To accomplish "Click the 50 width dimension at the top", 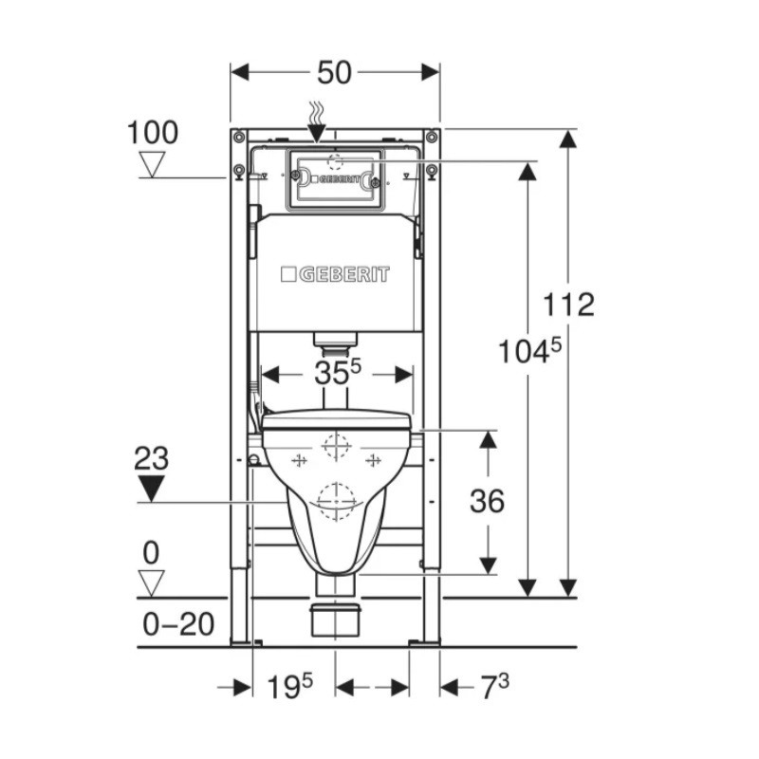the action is tap(334, 73).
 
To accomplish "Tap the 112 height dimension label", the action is tap(568, 304).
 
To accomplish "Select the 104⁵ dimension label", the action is tap(529, 350).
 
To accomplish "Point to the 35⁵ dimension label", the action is tap(338, 373).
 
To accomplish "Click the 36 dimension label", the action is tap(487, 501).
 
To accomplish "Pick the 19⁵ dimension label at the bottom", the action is tap(290, 686).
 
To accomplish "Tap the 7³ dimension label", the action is tap(494, 687).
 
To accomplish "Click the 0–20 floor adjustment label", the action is tap(178, 624).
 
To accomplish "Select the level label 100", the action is tap(153, 132).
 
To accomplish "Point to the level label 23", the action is tap(152, 458).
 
